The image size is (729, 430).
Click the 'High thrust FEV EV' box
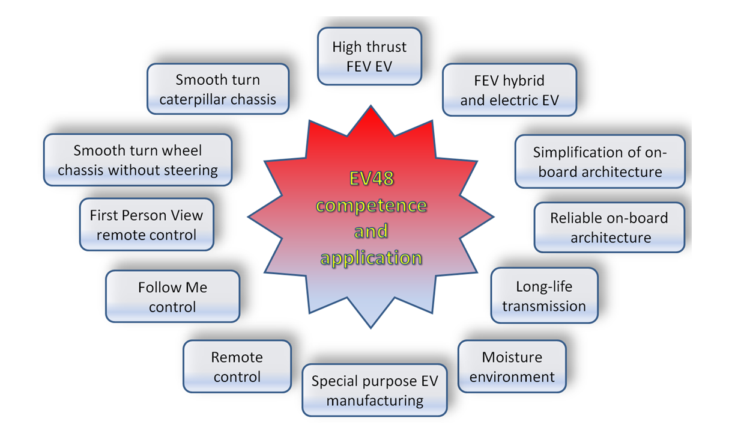coord(369,56)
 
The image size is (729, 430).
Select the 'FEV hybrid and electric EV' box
coord(509,90)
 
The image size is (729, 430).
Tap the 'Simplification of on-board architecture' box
coord(600,161)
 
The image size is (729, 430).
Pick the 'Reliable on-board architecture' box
coord(609,227)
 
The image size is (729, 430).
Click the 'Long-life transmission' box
coord(544,296)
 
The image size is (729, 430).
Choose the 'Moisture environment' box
coord(512,367)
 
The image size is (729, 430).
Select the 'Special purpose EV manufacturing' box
coord(375,390)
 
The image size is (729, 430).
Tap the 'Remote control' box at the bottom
coord(237,367)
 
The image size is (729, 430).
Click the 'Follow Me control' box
coord(172,296)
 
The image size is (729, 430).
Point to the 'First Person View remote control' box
coord(147,224)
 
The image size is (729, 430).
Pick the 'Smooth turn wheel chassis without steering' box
coord(138,160)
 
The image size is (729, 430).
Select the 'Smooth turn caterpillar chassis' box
coord(218,89)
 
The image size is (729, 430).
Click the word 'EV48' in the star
coord(371,179)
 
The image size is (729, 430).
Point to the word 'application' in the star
coord(371,258)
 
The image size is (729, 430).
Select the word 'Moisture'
coord(512,357)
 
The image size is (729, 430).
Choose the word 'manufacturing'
coord(375,400)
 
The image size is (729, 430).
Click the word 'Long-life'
coord(544,287)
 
